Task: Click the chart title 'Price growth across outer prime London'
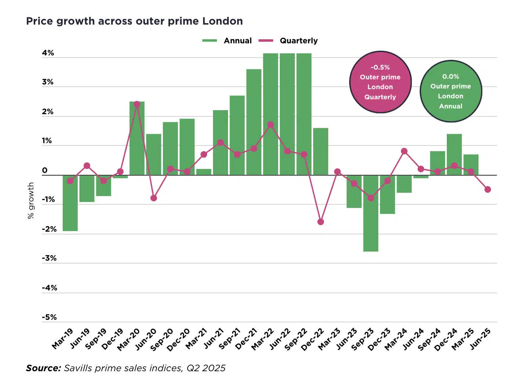(134, 21)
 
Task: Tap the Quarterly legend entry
(288, 41)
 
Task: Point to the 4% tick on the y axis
(48, 53)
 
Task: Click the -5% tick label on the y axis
(49, 317)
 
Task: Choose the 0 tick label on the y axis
(45, 170)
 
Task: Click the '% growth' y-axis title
(31, 200)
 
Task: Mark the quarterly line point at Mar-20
(137, 104)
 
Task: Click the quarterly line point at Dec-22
(321, 222)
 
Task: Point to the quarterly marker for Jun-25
(488, 189)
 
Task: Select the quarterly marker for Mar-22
(271, 125)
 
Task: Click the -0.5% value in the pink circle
(380, 67)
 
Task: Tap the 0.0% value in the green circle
(451, 76)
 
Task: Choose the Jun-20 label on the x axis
(146, 339)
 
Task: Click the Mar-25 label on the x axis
(463, 339)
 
